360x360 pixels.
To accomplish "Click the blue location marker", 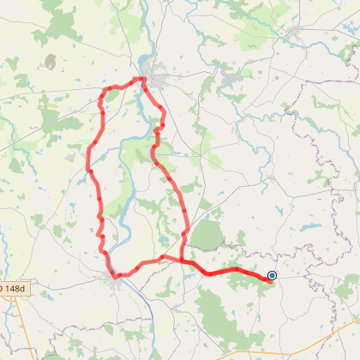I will (272, 275).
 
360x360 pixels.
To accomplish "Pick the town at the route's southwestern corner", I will (111, 274).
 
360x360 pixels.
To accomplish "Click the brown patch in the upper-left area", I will (51, 62).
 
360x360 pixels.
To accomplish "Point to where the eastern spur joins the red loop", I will (182, 259).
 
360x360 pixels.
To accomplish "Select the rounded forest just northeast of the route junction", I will (207, 234).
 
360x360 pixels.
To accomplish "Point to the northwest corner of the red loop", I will (105, 91).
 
